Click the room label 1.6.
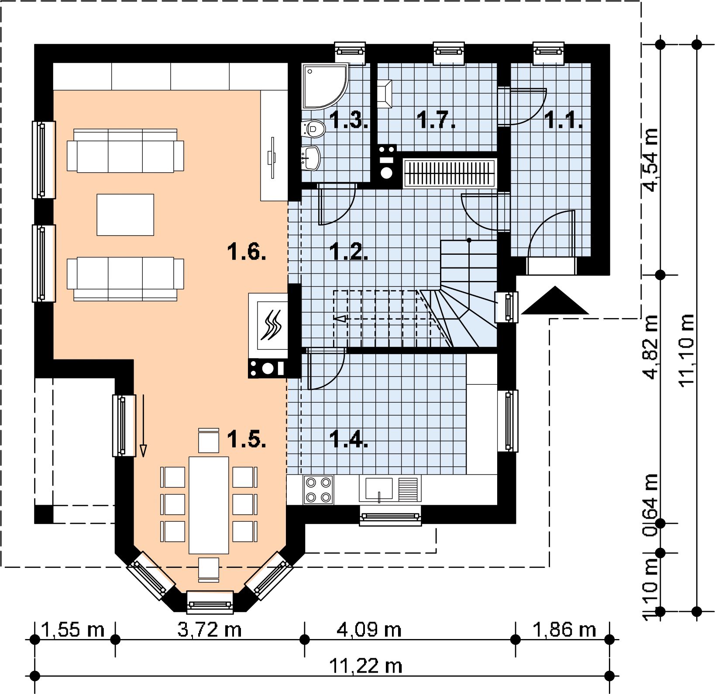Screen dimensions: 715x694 [247, 252]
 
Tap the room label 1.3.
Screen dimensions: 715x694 [350, 120]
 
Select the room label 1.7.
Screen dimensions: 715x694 [436, 120]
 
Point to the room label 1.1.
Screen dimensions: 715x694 [563, 120]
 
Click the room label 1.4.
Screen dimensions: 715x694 [350, 439]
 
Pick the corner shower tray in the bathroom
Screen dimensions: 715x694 [325, 86]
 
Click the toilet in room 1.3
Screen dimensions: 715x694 [313, 128]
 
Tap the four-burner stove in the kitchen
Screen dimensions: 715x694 [318, 489]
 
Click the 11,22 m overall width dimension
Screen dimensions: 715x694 [365, 666]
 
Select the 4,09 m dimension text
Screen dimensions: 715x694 [369, 629]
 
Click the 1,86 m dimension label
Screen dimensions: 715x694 [564, 629]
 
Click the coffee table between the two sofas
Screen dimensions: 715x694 [125, 215]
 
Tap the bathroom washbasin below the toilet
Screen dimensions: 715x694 [313, 157]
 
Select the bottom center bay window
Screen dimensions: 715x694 [210, 603]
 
